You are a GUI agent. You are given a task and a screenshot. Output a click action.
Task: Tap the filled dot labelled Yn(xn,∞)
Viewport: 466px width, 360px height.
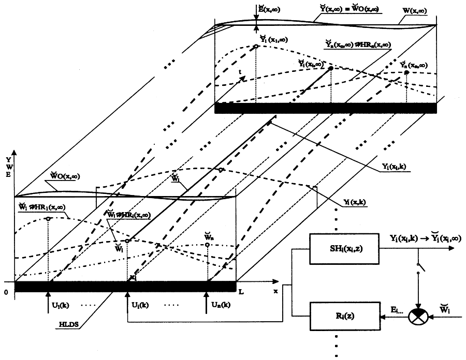[x=406, y=73]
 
